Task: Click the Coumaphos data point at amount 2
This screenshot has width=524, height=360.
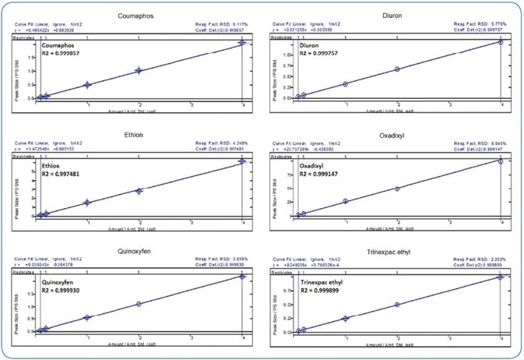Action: coord(139,71)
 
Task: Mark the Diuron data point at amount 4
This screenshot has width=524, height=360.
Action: coord(501,42)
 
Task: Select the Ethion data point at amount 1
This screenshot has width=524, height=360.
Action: coord(87,203)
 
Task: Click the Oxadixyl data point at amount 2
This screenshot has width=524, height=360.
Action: coord(397,189)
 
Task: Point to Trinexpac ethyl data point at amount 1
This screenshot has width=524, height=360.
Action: coord(346,318)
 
